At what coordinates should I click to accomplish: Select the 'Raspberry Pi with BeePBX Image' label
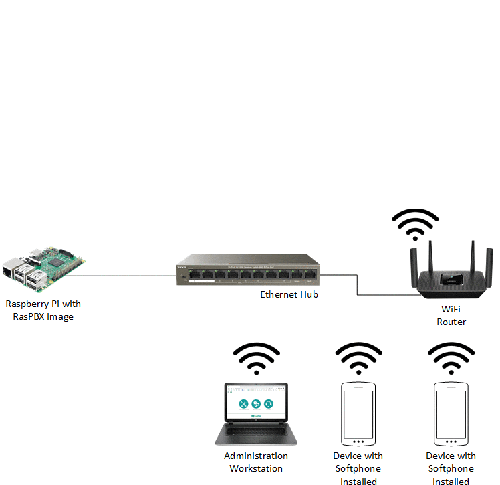[43, 310]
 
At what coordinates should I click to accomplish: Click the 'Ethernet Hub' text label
[289, 294]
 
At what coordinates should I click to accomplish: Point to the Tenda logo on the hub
[182, 267]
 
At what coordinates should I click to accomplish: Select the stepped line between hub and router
[358, 284]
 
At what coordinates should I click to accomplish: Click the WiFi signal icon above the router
[415, 225]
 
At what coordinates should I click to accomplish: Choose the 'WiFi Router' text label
[451, 315]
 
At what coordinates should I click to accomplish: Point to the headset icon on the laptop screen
[268, 403]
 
